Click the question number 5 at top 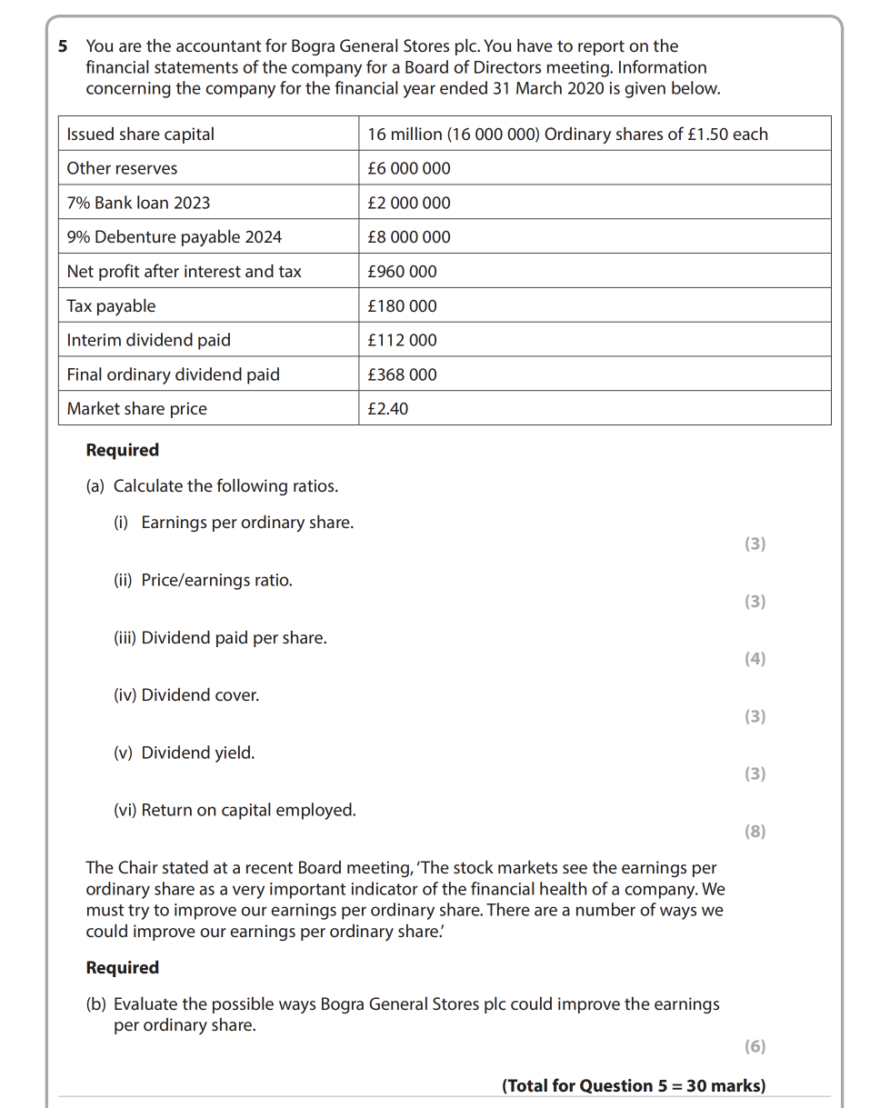[63, 46]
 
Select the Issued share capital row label [141, 135]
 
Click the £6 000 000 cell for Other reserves [409, 169]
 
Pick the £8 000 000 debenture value [409, 237]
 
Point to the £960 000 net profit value [402, 272]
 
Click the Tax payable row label [111, 306]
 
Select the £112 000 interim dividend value [402, 341]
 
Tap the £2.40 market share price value [388, 409]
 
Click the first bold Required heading [123, 451]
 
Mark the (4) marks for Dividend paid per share [755, 659]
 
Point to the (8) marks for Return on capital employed [755, 831]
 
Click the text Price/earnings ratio [216, 581]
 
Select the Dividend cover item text [200, 695]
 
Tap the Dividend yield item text [197, 754]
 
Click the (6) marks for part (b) [755, 1046]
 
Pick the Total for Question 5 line [634, 1086]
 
